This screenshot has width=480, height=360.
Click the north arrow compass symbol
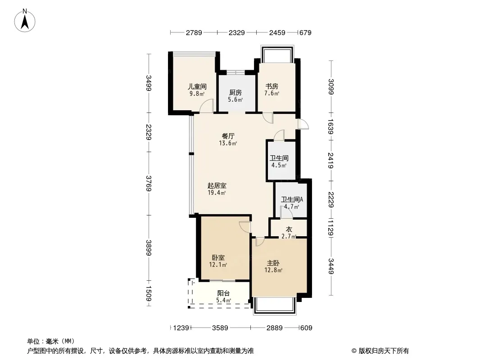pyautogui.click(x=25, y=21)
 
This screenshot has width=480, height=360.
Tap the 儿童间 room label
pyautogui.click(x=197, y=86)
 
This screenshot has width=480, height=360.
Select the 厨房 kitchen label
pyautogui.click(x=235, y=92)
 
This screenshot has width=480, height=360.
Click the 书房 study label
pyautogui.click(x=272, y=86)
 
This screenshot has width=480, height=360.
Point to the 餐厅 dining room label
pyautogui.click(x=228, y=136)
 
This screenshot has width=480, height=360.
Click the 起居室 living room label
pyautogui.click(x=217, y=185)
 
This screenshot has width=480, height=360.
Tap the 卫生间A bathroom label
pyautogui.click(x=292, y=199)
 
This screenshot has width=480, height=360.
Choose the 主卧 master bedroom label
pyautogui.click(x=273, y=263)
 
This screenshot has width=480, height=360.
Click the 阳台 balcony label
pyautogui.click(x=223, y=293)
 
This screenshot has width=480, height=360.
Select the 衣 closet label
pyautogui.click(x=289, y=229)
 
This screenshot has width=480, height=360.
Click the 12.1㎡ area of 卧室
pyautogui.click(x=218, y=265)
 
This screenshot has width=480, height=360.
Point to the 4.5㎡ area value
pyautogui.click(x=279, y=166)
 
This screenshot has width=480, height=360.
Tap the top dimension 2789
pyautogui.click(x=194, y=32)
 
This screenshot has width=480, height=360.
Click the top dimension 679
pyautogui.click(x=305, y=32)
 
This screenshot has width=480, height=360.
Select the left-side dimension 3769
pyautogui.click(x=149, y=184)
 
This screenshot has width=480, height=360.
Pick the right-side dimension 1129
pyautogui.click(x=331, y=227)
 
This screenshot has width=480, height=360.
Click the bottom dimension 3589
pyautogui.click(x=220, y=328)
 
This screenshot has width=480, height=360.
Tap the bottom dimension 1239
pyautogui.click(x=181, y=328)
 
